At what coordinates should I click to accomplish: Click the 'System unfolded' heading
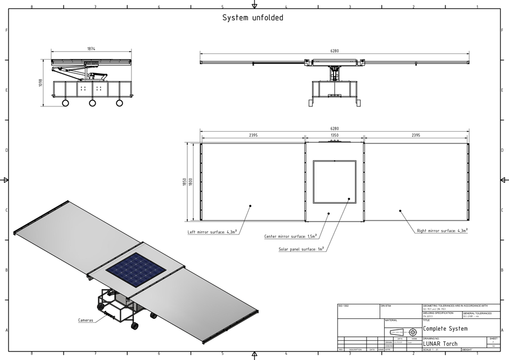click(253, 18)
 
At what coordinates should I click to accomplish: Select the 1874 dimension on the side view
click(91, 49)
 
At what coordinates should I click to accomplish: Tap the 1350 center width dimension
click(334, 136)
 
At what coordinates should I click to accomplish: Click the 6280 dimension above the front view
click(334, 51)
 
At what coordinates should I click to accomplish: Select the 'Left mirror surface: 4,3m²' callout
click(213, 231)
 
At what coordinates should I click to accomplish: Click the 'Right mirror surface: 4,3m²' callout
click(442, 231)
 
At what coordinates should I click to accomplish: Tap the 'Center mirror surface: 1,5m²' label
click(290, 236)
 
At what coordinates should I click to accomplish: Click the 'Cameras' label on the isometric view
click(85, 320)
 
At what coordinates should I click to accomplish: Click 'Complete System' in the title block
click(445, 328)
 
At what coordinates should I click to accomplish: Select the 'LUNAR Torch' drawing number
click(440, 344)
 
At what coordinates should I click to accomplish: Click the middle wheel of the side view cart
click(92, 103)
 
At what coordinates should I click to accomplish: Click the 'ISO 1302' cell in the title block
click(343, 305)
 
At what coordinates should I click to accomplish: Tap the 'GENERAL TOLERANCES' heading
click(477, 313)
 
